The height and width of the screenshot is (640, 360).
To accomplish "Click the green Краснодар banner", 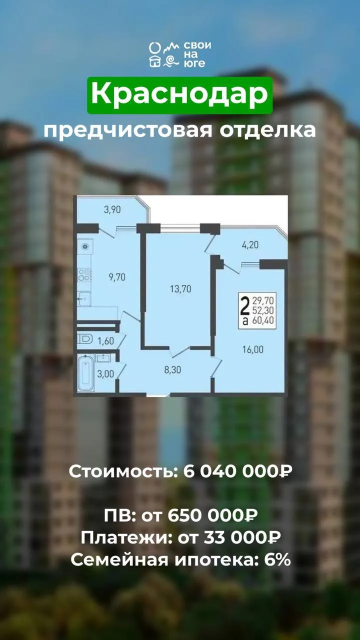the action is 179,95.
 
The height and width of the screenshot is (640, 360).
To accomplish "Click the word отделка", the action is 268,131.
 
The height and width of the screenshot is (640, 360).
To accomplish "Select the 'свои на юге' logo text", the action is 197,54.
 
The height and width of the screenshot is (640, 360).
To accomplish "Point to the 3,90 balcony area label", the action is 112,210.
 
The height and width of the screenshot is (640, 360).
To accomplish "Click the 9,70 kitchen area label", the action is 117,277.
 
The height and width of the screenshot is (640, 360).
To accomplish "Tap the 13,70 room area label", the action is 180,289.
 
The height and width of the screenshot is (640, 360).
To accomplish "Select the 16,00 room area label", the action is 253,349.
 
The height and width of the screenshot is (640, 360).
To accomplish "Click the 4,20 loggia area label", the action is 250,245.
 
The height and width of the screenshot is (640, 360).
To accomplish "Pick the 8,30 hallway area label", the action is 172,370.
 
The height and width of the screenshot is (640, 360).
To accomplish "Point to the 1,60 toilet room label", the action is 105,341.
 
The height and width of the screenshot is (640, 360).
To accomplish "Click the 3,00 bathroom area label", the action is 105,374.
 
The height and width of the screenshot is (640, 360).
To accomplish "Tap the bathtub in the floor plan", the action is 85,373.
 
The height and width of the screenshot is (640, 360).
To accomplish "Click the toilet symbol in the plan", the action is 85,339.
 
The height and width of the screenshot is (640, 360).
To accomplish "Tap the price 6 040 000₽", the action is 237,471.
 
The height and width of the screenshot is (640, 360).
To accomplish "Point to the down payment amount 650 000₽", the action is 212,515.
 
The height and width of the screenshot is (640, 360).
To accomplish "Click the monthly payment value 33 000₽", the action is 242,537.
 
